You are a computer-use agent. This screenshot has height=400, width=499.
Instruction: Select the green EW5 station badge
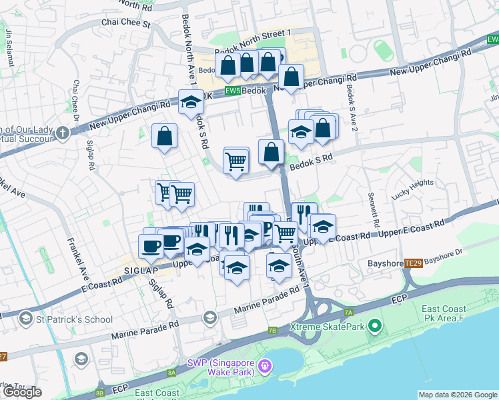(231, 91)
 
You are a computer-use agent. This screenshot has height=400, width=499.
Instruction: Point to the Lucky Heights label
(412, 190)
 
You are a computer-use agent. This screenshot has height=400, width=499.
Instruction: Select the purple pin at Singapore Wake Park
(266, 365)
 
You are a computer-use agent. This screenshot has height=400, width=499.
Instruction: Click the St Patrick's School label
(75, 319)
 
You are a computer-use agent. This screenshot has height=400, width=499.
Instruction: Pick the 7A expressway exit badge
(348, 312)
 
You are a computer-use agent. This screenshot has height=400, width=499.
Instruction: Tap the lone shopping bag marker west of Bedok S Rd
(164, 137)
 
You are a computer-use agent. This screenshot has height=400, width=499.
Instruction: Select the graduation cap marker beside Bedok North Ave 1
(191, 103)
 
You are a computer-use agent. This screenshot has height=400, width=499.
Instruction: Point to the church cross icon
(63, 133)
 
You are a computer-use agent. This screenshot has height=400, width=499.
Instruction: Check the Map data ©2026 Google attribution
(458, 395)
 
